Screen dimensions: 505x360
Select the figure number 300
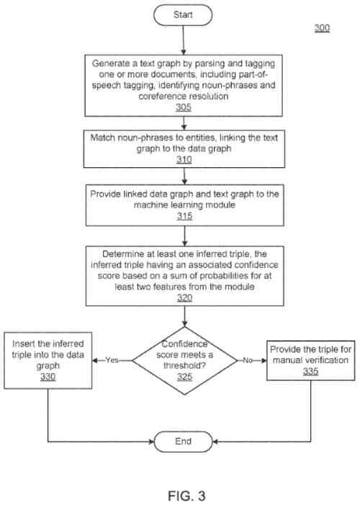322,28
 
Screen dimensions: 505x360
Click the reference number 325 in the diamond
186,377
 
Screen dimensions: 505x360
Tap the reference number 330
48,377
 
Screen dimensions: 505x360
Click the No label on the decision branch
247,359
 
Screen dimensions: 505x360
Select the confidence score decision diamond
186,359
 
